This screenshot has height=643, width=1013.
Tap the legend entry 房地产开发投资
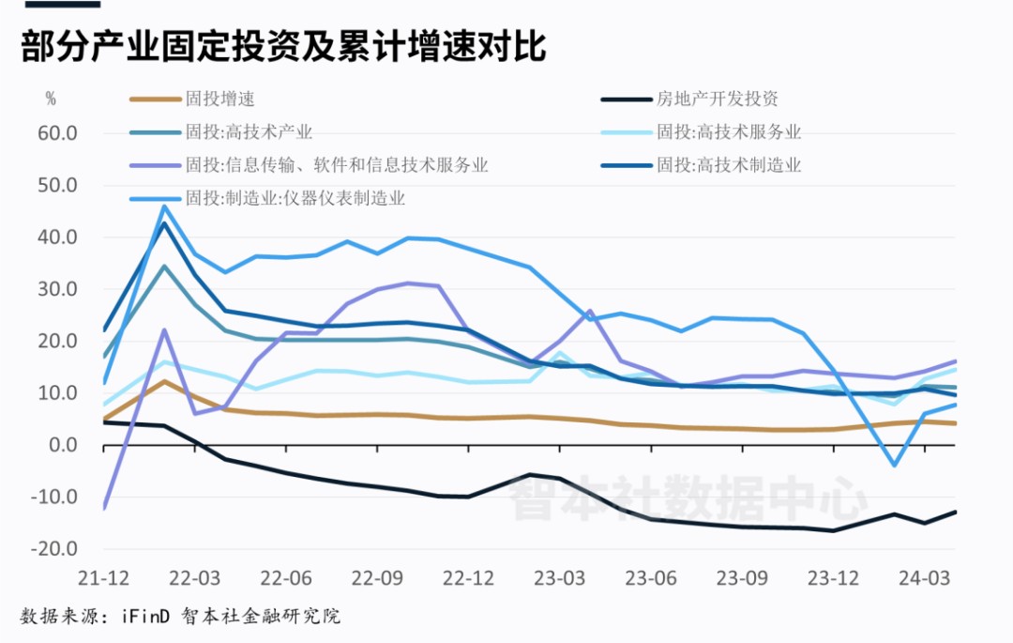(x=717, y=99)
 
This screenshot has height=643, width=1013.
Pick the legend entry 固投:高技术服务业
(x=728, y=132)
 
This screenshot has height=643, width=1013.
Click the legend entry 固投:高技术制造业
(x=728, y=166)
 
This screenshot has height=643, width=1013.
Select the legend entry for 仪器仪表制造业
(x=295, y=198)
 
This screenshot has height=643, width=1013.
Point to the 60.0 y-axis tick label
(x=58, y=133)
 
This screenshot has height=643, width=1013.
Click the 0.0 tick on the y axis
(x=64, y=445)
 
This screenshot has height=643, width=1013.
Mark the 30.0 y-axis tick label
(x=58, y=289)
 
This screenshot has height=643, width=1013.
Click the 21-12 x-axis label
(x=102, y=576)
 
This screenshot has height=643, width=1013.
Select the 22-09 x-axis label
(x=377, y=576)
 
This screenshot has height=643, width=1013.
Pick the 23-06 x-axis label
(x=651, y=576)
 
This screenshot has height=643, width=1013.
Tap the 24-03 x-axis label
(x=925, y=576)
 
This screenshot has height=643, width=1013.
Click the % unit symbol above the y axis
(x=51, y=99)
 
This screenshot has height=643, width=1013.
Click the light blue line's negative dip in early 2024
(x=895, y=465)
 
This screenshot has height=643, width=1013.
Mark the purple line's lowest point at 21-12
(x=104, y=508)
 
